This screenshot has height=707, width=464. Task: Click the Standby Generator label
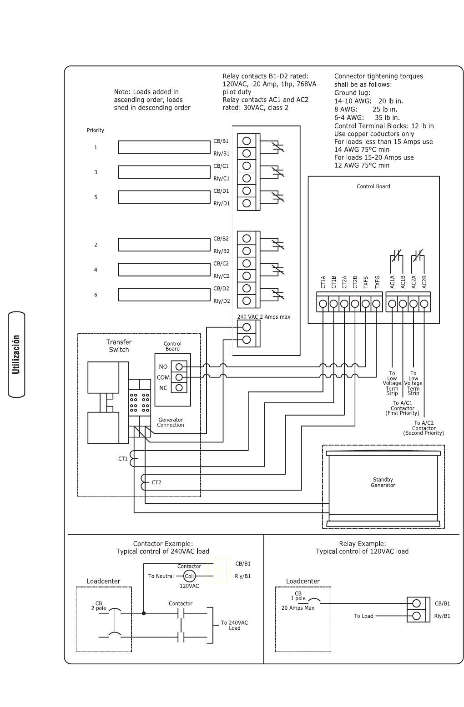383,482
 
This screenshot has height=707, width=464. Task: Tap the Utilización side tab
16,355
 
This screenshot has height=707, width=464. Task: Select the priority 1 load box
164,147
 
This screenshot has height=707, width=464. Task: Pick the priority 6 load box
164,295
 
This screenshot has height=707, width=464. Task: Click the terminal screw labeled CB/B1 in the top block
247,141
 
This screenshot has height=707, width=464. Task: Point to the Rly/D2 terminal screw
247,301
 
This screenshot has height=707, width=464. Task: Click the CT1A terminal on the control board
323,304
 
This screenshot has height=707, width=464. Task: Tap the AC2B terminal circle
424,304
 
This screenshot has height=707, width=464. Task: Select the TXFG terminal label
377,282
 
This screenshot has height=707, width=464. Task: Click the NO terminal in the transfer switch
179,367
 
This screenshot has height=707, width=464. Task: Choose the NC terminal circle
179,387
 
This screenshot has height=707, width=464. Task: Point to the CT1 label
123,459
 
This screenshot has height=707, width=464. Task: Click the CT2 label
156,482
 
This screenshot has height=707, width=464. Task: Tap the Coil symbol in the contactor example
189,576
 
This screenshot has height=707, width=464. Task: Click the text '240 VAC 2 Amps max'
264,316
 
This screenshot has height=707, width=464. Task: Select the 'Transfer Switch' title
119,346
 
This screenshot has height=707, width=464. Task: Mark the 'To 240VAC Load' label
234,625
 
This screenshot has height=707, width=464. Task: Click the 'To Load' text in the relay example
363,616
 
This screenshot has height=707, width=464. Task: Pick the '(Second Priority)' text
424,433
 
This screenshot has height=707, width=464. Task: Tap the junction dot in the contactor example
144,613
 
